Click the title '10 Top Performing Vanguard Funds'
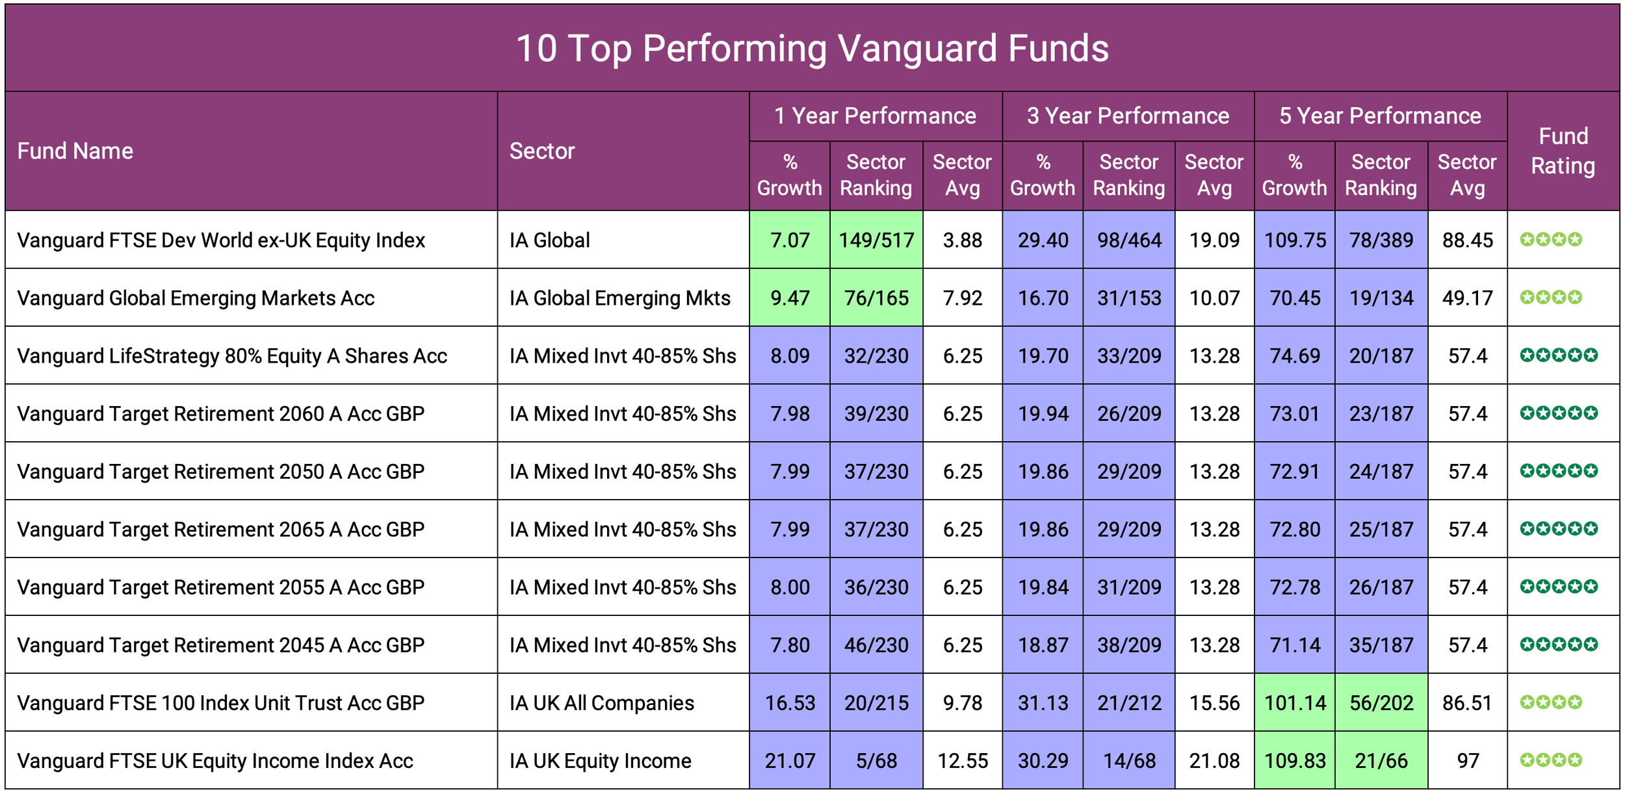[812, 49]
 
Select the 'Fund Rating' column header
[1563, 151]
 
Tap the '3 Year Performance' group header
[1128, 116]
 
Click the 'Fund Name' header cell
[75, 151]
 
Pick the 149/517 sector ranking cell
[876, 240]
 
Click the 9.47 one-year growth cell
[790, 298]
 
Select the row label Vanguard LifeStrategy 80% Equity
[232, 356]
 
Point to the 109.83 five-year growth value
[1295, 761]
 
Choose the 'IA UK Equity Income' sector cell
[600, 761]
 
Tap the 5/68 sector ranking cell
[876, 761]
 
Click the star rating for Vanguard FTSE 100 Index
[1551, 702]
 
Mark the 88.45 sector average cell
[1467, 240]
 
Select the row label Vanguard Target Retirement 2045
[221, 645]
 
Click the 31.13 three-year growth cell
[1043, 703]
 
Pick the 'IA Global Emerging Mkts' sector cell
[619, 298]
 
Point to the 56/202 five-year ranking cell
[1381, 703]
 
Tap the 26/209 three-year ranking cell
[1129, 414]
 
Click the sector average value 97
[1467, 761]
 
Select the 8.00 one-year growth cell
[790, 587]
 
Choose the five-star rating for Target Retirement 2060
[1558, 413]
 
